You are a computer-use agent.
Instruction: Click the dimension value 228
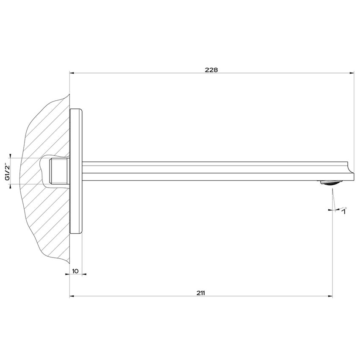pos(211,70)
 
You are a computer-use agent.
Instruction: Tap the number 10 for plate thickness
pos(75,271)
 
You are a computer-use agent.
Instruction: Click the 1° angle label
pos(344,210)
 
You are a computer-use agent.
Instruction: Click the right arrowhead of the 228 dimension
pos(352,73)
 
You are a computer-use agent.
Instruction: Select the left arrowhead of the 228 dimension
pos(72,73)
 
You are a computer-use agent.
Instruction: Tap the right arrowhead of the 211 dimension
pos(330,296)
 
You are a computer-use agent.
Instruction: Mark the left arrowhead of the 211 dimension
pos(72,296)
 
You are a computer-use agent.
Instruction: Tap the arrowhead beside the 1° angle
pos(330,209)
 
